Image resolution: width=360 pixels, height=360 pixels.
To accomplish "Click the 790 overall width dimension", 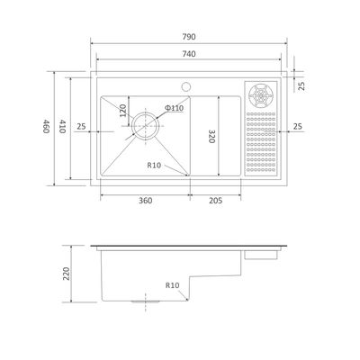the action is tap(189, 37).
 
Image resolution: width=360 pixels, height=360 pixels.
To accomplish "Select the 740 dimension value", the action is tap(189, 54).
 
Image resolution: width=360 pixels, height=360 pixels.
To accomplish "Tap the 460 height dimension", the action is tap(46, 126).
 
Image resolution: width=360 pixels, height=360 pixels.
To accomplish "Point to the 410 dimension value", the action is tap(62, 126).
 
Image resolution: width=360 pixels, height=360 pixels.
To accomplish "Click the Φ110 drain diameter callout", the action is tap(174, 108).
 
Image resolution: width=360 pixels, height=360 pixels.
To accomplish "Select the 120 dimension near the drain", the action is tap(123, 111).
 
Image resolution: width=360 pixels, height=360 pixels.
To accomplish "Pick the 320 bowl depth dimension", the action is tap(211, 136).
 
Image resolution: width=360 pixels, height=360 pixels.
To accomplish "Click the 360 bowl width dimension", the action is tap(146, 200).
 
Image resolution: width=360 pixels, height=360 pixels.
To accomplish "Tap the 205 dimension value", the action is tap(215, 200).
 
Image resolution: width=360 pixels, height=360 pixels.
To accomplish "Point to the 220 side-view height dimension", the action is tap(66, 274).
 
